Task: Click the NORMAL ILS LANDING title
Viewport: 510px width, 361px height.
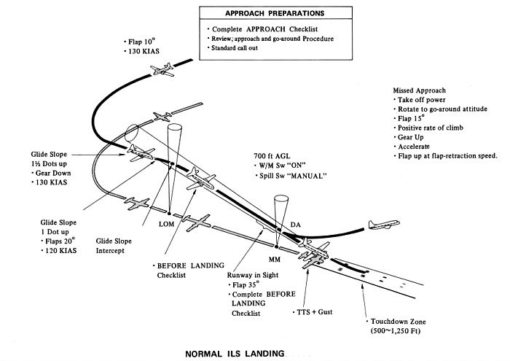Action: click(x=233, y=353)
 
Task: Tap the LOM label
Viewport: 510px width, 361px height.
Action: click(x=165, y=225)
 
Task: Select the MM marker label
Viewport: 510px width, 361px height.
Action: click(x=274, y=258)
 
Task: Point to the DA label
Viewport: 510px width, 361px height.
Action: click(x=296, y=224)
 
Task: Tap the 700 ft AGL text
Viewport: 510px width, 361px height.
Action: click(x=270, y=155)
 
